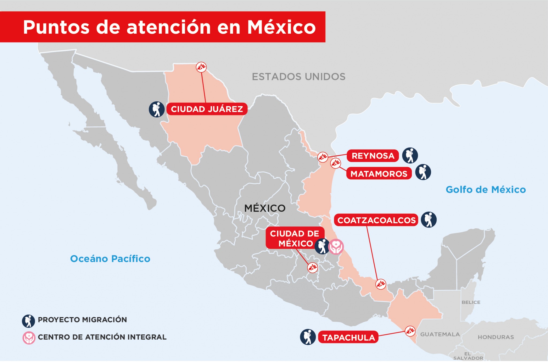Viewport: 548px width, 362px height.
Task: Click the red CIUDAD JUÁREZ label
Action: coord(207,109)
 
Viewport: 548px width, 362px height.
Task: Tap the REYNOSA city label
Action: coord(373,156)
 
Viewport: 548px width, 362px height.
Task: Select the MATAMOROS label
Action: coord(379,174)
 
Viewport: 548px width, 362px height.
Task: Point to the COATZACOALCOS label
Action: coord(376,220)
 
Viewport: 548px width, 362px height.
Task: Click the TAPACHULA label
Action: coord(348,338)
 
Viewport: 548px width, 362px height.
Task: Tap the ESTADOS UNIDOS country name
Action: coord(299,77)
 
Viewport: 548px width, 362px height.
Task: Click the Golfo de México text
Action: coord(486,190)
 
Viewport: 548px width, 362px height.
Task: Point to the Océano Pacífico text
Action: coord(110,259)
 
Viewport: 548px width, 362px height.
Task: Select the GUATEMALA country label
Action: coord(440,334)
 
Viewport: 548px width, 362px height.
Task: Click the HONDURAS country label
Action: coord(496,337)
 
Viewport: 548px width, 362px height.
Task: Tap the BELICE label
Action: coord(471,302)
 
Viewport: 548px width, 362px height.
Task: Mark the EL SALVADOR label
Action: coord(468,356)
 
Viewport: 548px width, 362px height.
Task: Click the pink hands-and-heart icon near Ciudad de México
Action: coord(336,247)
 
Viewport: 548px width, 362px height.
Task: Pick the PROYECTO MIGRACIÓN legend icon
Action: coord(28,321)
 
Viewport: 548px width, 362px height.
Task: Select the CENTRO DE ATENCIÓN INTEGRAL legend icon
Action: coord(29,338)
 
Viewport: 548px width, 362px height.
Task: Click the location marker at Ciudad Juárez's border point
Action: coord(201,67)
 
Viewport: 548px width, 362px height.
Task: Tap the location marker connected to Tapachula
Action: coord(410,331)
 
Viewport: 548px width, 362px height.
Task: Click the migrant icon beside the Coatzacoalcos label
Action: coord(429,220)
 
